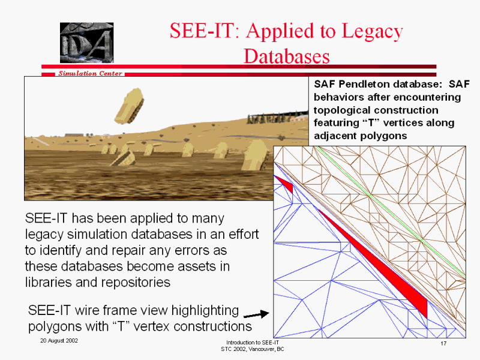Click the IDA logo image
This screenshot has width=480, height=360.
(x=86, y=43)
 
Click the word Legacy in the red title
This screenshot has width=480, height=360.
(x=372, y=31)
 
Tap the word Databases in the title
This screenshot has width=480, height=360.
(x=287, y=56)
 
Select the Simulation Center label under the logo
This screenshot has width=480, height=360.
(x=91, y=73)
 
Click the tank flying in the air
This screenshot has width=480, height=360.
(x=129, y=106)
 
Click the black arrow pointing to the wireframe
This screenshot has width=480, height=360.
(x=256, y=314)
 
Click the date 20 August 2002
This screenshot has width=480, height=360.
(x=59, y=341)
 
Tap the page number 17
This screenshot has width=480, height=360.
(x=443, y=343)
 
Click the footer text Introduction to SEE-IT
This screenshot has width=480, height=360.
(x=253, y=343)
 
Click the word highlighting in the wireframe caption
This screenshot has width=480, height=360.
(x=205, y=311)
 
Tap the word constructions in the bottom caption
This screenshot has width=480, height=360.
(x=212, y=326)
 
